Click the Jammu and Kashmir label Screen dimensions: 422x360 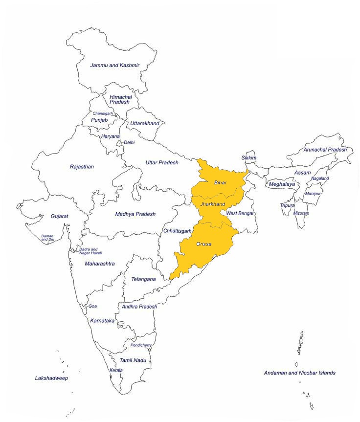[115, 65]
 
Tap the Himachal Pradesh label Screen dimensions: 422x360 [120, 100]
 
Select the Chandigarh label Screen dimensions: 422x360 [103, 113]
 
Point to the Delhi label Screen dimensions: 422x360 [129, 142]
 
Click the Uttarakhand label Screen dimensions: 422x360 [145, 123]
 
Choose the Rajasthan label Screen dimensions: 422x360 [82, 167]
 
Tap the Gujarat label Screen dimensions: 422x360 [60, 216]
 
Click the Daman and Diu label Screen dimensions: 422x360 [48, 238]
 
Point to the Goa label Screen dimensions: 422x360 [93, 306]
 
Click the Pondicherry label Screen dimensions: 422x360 [141, 345]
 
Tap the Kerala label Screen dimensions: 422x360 [116, 370]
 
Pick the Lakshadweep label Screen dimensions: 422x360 [51, 378]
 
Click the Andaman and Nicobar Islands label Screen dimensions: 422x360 [299, 373]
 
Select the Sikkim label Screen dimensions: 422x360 [248, 158]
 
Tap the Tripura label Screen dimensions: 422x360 [287, 205]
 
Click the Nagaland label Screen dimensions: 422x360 [320, 178]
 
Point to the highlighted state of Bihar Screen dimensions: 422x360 [220, 182]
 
